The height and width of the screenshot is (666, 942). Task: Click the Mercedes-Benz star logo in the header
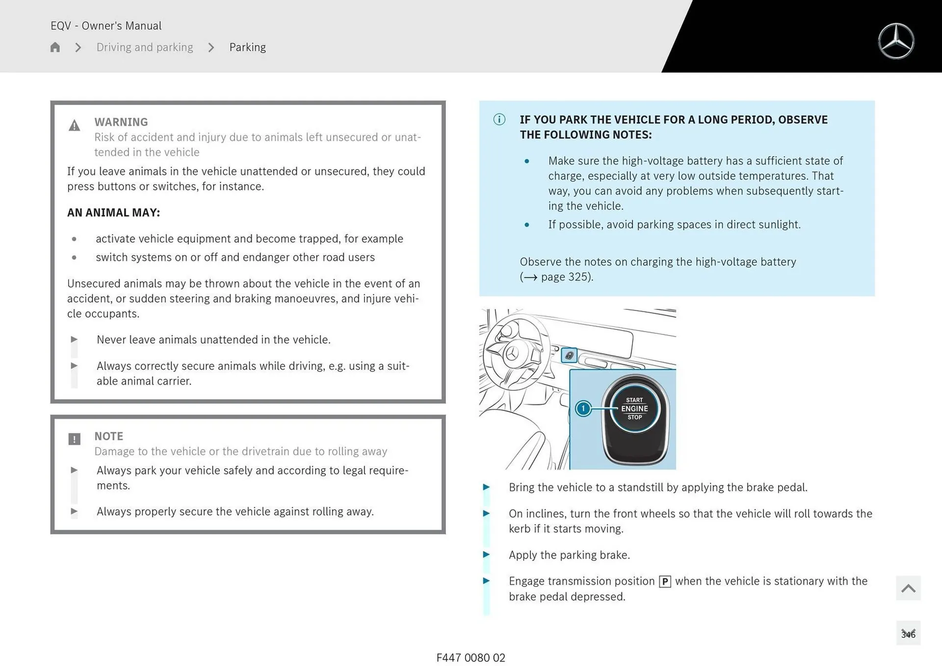895,41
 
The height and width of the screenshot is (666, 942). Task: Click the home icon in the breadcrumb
55,47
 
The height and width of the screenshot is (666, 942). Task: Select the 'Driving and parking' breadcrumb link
144,47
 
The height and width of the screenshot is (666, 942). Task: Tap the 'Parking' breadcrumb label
247,47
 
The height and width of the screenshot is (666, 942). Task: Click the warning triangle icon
74,126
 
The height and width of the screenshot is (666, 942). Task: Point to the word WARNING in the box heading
121,122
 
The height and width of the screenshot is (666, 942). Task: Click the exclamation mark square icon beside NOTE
74,439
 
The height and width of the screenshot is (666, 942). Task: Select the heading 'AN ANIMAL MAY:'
113,212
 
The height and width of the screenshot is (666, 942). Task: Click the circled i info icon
499,119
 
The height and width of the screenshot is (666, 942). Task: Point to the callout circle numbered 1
583,409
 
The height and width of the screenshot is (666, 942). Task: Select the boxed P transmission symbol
664,582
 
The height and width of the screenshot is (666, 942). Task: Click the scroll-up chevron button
908,588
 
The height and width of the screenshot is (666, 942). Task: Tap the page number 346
908,634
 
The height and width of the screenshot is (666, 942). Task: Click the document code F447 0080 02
471,658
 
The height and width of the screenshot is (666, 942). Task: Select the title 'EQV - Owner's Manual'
106,26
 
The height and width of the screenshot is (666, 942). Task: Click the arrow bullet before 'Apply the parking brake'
486,555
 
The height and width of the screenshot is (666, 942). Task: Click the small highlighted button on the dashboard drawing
569,355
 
